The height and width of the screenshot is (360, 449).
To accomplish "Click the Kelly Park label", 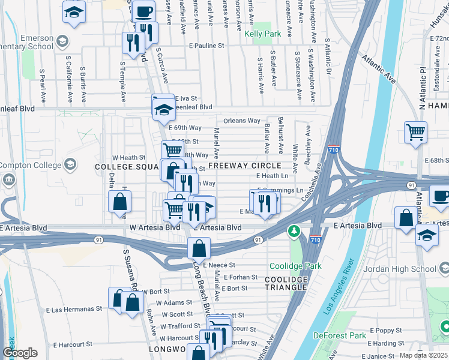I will tap(263, 34).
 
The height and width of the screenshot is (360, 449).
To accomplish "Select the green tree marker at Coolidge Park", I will tap(294, 231).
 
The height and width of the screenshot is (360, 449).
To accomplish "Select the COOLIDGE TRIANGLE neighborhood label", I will tap(286, 284).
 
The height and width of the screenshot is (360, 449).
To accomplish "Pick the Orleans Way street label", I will tap(242, 121).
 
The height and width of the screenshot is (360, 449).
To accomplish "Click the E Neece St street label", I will tap(218, 265).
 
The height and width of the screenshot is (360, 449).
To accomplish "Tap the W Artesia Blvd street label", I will tap(155, 228).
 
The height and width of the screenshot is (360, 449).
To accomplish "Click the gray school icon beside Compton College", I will tap(70, 164).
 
